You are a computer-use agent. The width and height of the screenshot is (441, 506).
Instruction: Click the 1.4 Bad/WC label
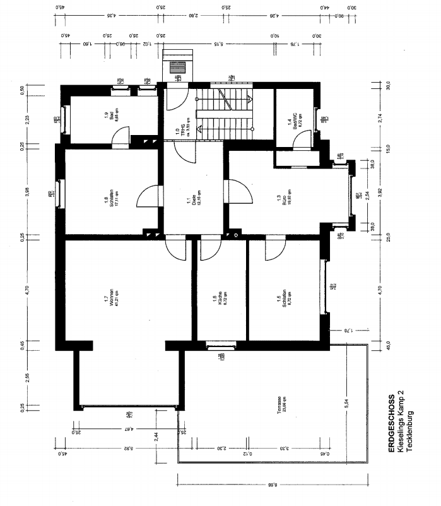tap(291, 121)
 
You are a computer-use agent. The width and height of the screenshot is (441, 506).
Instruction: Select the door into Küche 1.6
tap(209, 250)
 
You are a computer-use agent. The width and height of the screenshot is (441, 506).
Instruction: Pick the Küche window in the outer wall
tap(221, 345)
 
